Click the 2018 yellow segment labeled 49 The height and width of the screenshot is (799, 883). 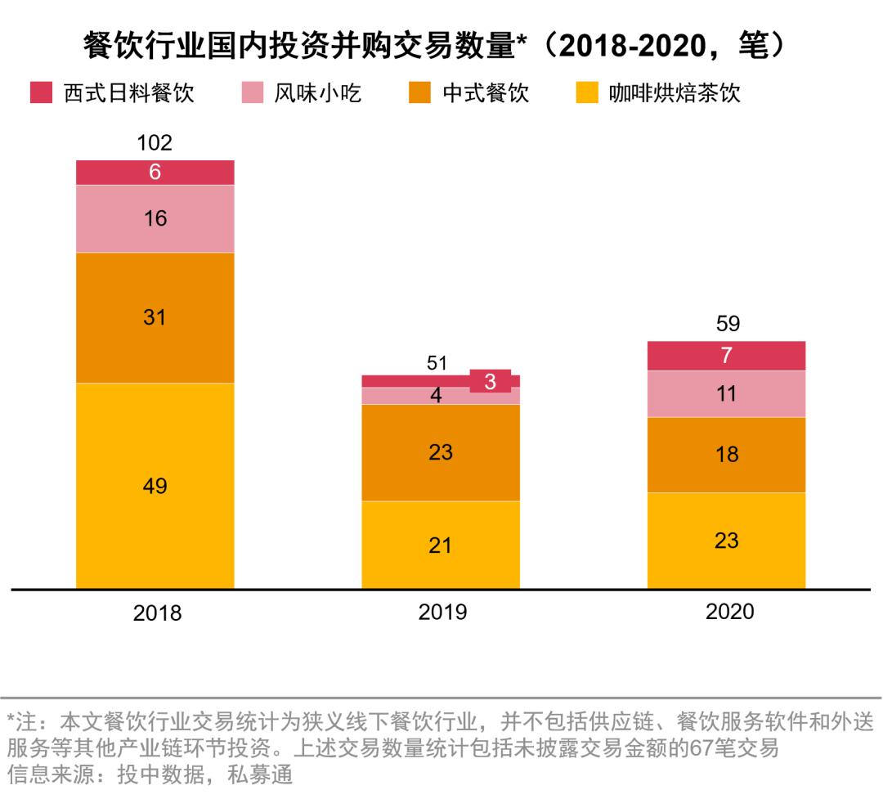tap(155, 486)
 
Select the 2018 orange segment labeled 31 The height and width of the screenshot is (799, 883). tap(155, 317)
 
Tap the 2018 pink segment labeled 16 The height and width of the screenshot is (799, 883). tap(155, 218)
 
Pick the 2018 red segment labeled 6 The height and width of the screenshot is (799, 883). tap(155, 173)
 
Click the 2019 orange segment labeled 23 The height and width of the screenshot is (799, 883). tap(441, 452)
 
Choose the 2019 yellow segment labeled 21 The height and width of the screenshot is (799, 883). tap(441, 545)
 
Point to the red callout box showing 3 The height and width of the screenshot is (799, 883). tap(491, 381)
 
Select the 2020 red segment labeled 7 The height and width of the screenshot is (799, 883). tap(726, 356)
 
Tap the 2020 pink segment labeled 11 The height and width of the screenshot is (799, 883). tap(726, 393)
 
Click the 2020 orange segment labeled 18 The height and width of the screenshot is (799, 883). tap(726, 455)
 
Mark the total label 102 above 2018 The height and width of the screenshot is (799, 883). tap(155, 143)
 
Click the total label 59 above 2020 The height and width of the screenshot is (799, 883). tap(726, 324)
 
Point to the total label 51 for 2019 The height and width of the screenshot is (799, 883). tap(438, 364)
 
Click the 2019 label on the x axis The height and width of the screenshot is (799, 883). tap(442, 612)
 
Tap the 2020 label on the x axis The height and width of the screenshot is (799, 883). tap(728, 612)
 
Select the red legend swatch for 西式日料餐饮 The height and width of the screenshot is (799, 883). tap(42, 92)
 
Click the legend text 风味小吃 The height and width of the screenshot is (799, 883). tap(317, 92)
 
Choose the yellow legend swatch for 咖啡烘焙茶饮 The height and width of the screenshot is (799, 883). tap(587, 92)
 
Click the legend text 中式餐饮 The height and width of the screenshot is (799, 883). tap(486, 92)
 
